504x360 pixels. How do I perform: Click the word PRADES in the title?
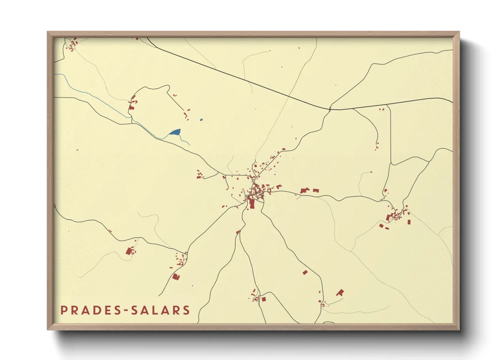tap(89, 310)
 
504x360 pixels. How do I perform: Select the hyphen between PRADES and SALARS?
tap(124, 310)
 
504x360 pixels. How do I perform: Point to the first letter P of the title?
tap(63, 310)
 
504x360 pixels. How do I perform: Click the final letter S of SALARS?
tap(186, 310)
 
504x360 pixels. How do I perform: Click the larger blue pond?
tap(175, 132)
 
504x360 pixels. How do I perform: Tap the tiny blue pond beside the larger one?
tap(201, 120)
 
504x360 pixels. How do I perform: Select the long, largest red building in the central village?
tap(252, 203)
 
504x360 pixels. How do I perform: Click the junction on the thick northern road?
tap(330, 109)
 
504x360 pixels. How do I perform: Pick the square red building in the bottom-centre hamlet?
tap(263, 299)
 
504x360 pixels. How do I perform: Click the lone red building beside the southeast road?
tap(305, 272)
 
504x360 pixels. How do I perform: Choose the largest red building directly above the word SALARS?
tap(176, 277)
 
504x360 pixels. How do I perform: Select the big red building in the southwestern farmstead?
tap(129, 251)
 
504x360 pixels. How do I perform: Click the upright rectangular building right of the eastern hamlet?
tap(409, 222)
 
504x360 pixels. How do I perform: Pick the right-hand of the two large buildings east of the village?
tap(316, 191)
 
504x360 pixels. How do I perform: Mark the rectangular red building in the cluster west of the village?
tap(199, 177)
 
